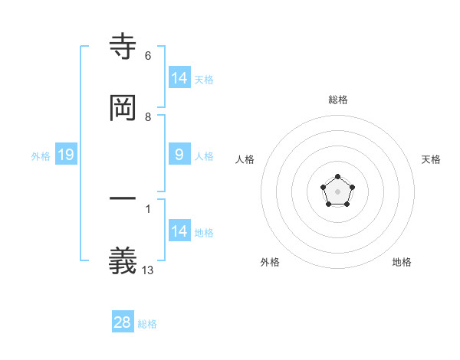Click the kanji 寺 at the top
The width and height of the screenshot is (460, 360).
pyautogui.click(x=123, y=47)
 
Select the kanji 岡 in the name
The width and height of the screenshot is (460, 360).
pyautogui.click(x=123, y=109)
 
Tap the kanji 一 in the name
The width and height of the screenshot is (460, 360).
pyautogui.click(x=123, y=199)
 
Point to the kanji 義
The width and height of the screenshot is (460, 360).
pyautogui.click(x=123, y=261)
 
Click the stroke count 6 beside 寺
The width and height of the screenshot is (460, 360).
pyautogui.click(x=148, y=56)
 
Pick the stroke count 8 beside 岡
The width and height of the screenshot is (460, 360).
pyautogui.click(x=148, y=117)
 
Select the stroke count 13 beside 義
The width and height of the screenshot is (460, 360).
pyautogui.click(x=148, y=270)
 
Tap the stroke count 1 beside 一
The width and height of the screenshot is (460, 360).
pyautogui.click(x=148, y=208)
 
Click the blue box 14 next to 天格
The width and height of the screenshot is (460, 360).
pyautogui.click(x=179, y=78)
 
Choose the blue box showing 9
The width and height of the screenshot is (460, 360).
pyautogui.click(x=179, y=155)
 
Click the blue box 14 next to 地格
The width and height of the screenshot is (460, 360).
pyautogui.click(x=179, y=231)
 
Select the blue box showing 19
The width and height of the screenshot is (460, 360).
pyautogui.click(x=66, y=155)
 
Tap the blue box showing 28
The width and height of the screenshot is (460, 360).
pyautogui.click(x=123, y=322)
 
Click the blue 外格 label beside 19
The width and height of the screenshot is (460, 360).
pyautogui.click(x=41, y=155)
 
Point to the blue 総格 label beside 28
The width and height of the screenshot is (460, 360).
pyautogui.click(x=147, y=324)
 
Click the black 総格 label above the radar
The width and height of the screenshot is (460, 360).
pyautogui.click(x=338, y=100)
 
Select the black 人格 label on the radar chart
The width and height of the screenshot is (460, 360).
pyautogui.click(x=245, y=159)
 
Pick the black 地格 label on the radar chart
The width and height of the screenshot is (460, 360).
pyautogui.click(x=402, y=262)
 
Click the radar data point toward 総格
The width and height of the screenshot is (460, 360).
pyautogui.click(x=338, y=177)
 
